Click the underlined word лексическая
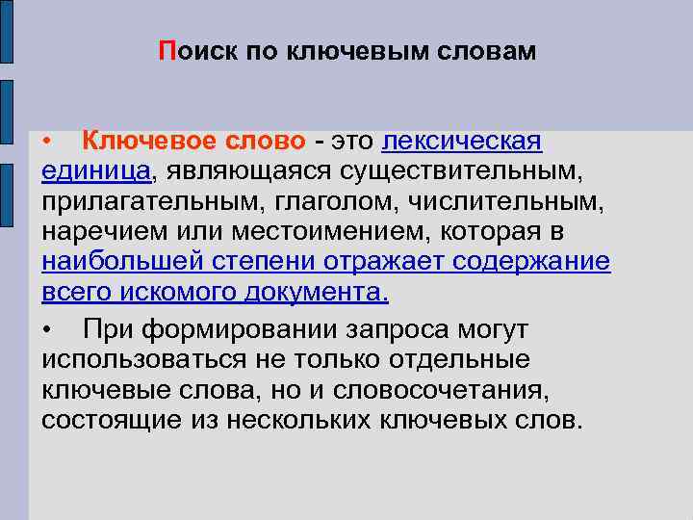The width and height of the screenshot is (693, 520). click(x=462, y=142)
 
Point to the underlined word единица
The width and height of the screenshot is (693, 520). click(x=96, y=171)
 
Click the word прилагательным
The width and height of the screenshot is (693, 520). click(x=140, y=202)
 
